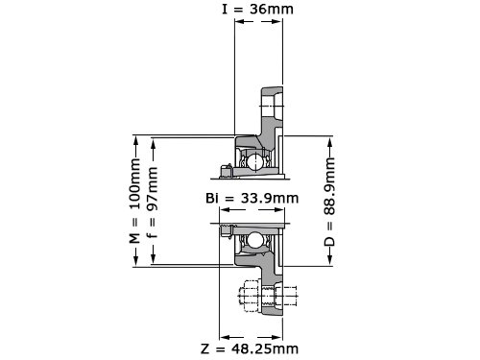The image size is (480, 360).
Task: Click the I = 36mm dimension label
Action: (257, 9)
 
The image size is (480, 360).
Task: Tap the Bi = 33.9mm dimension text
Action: (252, 199)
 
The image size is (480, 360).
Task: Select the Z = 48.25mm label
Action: (250, 348)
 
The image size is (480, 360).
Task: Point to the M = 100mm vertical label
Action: (135, 201)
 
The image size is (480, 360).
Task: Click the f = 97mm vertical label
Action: (153, 203)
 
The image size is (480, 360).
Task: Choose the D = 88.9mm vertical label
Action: (329, 202)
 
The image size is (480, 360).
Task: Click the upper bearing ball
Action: (254, 161)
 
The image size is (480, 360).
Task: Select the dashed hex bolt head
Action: (250, 296)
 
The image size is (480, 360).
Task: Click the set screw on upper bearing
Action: (226, 171)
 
